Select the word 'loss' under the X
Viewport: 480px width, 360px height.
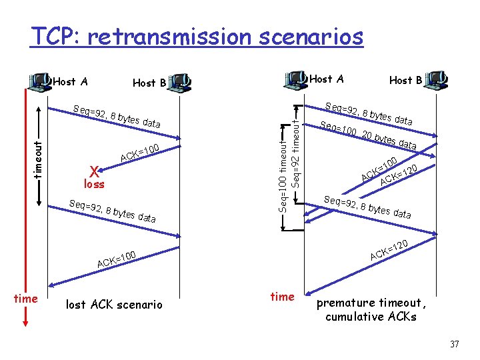coord(93,183)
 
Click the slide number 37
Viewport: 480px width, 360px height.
coord(455,345)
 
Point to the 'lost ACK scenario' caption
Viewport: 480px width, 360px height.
coord(114,305)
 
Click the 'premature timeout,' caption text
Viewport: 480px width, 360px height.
coord(370,303)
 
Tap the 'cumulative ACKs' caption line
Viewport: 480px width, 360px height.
coord(371,317)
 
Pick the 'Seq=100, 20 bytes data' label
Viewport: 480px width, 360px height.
coord(368,135)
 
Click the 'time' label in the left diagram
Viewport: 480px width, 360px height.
coord(25,298)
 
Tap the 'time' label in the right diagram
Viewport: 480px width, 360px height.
coord(282,296)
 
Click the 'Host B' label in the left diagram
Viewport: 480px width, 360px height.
coord(149,83)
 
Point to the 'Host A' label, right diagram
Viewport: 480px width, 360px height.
coord(327,79)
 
